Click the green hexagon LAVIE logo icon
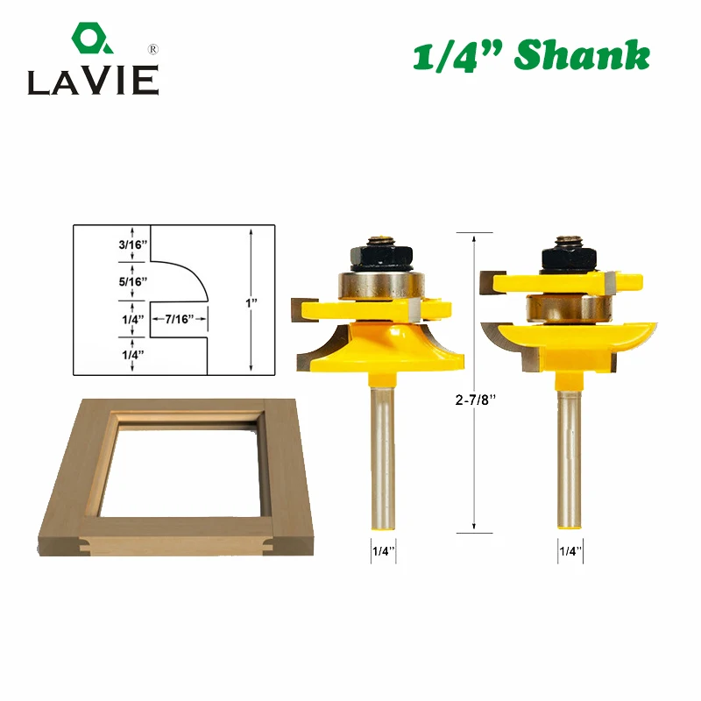pos(92,38)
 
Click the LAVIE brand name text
pos(94,81)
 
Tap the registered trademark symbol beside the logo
pos(152,49)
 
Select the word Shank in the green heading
pos(582,54)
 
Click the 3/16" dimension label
pos(133,244)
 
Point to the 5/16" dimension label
pos(133,281)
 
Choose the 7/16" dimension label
pos(180,319)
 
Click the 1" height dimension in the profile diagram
pos(251,303)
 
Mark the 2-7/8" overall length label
pos(476,400)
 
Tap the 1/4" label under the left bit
pos(384,551)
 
